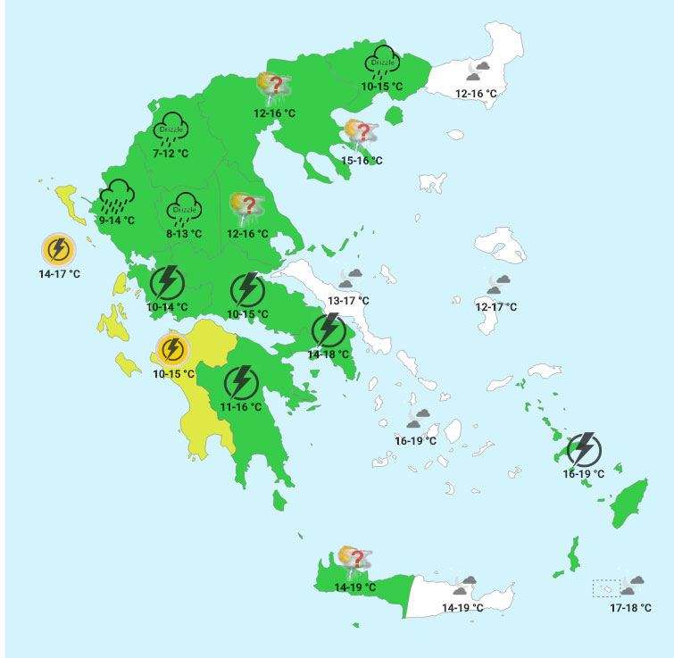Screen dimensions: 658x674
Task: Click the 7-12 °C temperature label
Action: [171, 154]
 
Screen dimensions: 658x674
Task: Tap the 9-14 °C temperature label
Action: [116, 220]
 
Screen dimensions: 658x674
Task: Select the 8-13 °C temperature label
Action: [184, 234]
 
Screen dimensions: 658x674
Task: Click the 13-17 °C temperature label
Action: [348, 301]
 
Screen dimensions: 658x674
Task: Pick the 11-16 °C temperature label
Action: [241, 407]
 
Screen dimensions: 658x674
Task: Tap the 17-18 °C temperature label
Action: [630, 607]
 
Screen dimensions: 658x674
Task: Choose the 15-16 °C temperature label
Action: [362, 160]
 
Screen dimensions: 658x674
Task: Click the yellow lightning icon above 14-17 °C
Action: [59, 249]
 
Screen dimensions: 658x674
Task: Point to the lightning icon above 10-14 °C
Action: [167, 283]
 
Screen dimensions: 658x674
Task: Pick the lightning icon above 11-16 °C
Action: [240, 383]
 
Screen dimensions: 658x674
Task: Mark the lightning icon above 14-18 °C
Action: [329, 330]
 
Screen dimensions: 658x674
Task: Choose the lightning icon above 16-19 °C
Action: [584, 449]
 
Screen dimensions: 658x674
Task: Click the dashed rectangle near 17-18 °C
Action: [606, 588]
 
